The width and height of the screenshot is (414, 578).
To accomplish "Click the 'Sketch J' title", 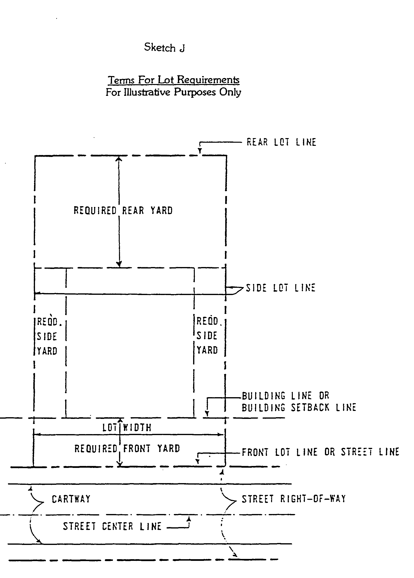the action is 164,47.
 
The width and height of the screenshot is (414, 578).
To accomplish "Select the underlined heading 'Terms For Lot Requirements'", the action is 174,80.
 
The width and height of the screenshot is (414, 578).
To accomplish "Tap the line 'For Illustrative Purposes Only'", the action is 173,92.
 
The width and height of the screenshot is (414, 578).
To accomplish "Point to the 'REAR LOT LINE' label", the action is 281,142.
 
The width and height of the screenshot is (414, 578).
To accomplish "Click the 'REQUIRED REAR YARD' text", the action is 123,211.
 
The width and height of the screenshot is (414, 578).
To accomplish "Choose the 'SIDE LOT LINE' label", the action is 281,288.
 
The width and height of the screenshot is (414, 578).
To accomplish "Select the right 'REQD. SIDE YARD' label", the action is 208,335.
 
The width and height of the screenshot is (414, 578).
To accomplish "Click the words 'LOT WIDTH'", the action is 127,427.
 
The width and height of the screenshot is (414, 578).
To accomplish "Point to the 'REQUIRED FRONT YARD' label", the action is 127,448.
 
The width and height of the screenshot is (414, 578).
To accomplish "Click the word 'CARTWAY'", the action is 71,499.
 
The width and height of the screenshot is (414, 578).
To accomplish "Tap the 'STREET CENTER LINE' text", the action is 112,526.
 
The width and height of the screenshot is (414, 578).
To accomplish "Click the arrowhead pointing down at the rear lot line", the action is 200,151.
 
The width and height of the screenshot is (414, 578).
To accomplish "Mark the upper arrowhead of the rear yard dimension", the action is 119,159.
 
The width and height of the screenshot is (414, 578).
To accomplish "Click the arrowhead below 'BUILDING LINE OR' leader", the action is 207,413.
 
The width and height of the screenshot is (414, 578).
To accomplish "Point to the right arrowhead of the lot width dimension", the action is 221,434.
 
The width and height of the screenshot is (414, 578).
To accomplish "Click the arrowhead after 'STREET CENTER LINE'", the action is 189,519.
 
